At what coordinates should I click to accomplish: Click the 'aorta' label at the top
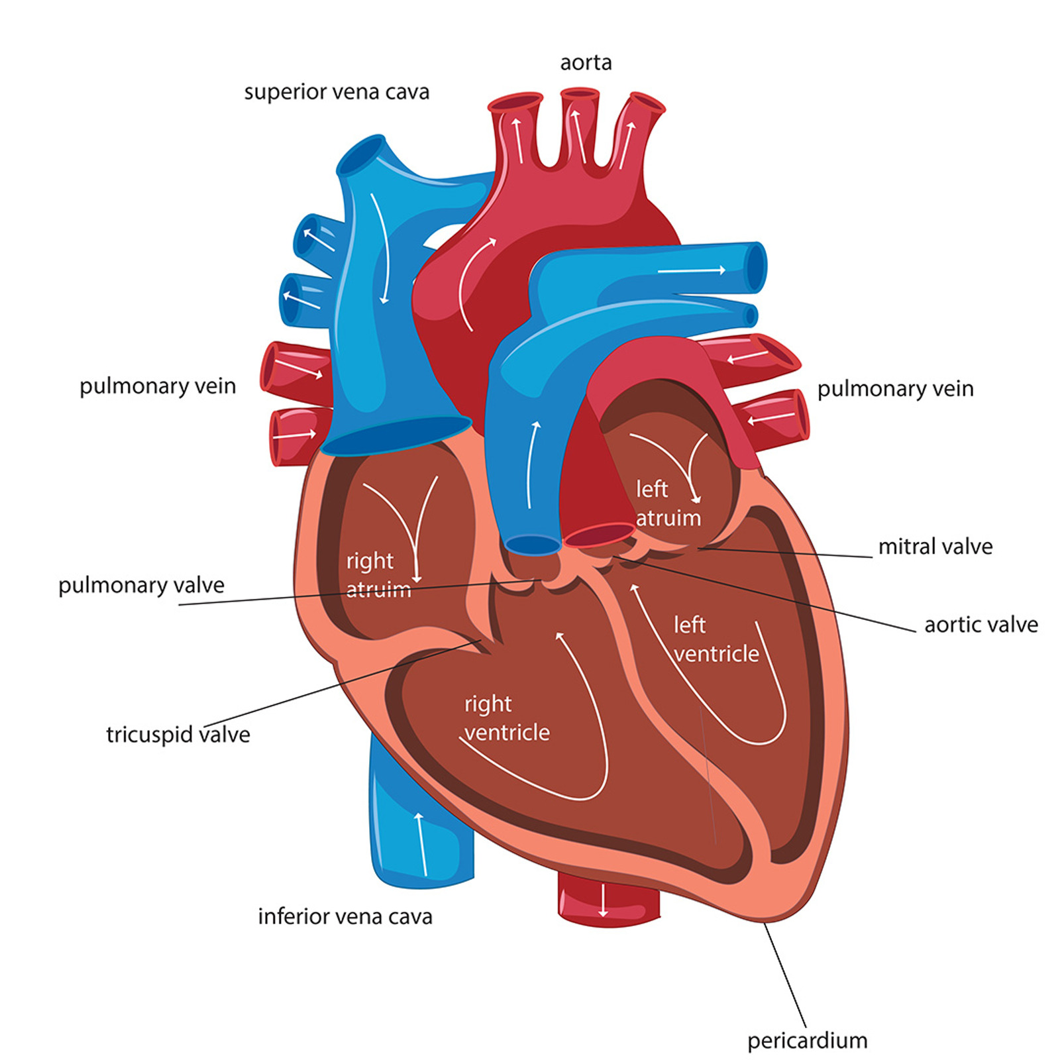pyautogui.click(x=586, y=62)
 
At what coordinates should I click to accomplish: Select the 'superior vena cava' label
pyautogui.click(x=337, y=91)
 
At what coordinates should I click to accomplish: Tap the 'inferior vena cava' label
pyautogui.click(x=345, y=916)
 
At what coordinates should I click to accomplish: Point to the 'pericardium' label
pyautogui.click(x=808, y=1041)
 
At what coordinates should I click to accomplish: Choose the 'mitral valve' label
pyautogui.click(x=935, y=547)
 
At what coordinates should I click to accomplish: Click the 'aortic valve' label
pyautogui.click(x=981, y=624)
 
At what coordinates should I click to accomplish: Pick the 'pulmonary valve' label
pyautogui.click(x=141, y=586)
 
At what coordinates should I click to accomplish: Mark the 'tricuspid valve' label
pyautogui.click(x=178, y=735)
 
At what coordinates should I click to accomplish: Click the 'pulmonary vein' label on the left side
pyautogui.click(x=158, y=386)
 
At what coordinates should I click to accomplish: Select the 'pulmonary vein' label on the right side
pyautogui.click(x=896, y=389)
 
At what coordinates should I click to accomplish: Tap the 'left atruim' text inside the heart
pyautogui.click(x=668, y=503)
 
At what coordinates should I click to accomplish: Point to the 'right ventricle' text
pyautogui.click(x=507, y=718)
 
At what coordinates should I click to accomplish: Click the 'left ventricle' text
pyautogui.click(x=716, y=639)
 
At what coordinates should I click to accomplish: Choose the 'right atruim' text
pyautogui.click(x=379, y=575)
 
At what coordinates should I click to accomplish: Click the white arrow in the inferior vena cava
pyautogui.click(x=420, y=842)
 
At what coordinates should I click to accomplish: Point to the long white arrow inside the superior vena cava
pyautogui.click(x=381, y=248)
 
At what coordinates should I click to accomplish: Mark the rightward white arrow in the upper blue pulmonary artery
pyautogui.click(x=692, y=270)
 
